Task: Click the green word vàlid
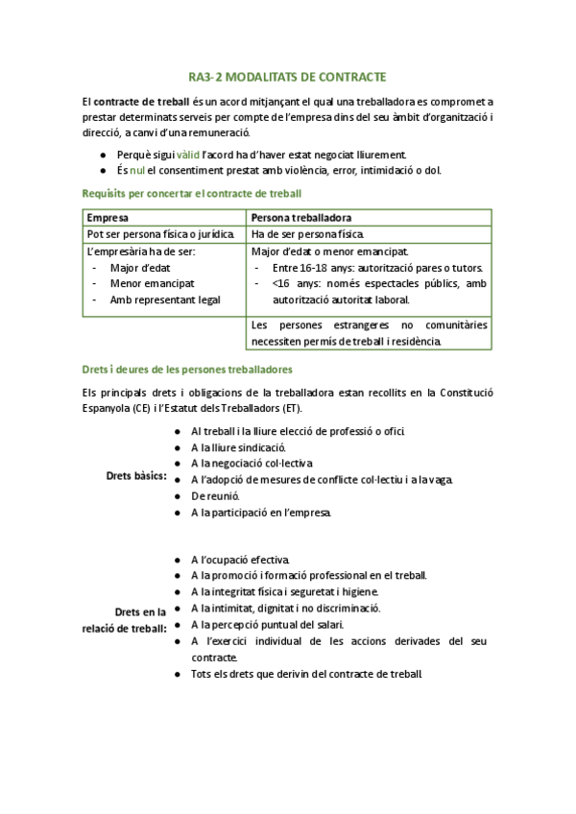pyautogui.click(x=188, y=155)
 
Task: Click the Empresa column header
pyautogui.click(x=108, y=218)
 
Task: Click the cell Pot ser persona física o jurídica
pyautogui.click(x=161, y=234)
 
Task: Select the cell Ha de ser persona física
pyautogui.click(x=307, y=234)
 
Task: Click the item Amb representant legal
pyautogui.click(x=165, y=299)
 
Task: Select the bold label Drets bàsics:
pyautogui.click(x=136, y=475)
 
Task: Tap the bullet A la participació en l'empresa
pyautogui.click(x=261, y=513)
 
